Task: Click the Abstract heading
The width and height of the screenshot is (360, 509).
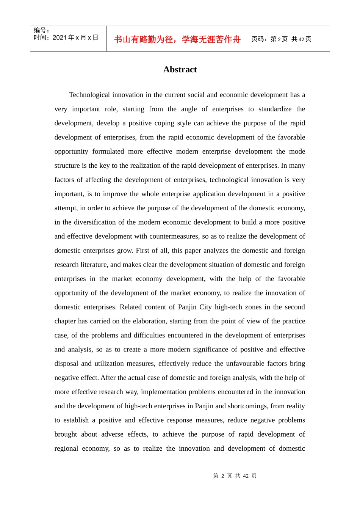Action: click(x=180, y=70)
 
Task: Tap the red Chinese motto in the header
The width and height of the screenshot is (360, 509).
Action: click(x=177, y=39)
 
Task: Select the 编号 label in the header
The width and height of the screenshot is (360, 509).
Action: click(x=41, y=30)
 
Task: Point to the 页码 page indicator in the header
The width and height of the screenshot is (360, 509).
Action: click(x=281, y=39)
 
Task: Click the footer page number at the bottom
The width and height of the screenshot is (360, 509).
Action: click(x=235, y=476)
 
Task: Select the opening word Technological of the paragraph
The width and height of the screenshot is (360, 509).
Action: click(x=90, y=95)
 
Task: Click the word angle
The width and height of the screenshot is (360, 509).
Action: click(x=189, y=109)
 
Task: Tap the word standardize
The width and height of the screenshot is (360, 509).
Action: click(x=275, y=109)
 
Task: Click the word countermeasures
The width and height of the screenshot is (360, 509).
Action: click(x=174, y=236)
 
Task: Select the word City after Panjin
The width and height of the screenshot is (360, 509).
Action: click(x=205, y=307)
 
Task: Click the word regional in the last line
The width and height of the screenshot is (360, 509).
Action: click(x=66, y=448)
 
